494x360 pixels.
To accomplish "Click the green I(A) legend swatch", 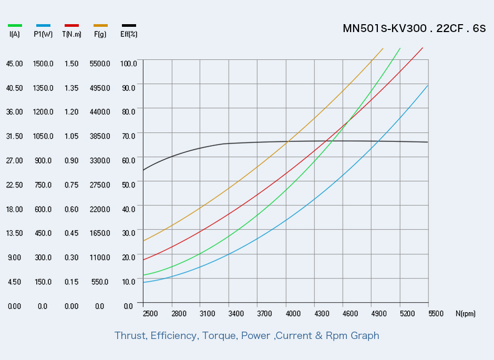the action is coord(15,26).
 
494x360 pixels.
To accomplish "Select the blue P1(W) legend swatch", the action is coord(43,26).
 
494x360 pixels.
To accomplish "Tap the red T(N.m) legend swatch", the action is coord(71,26).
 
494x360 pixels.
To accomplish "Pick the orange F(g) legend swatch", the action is coord(100,26).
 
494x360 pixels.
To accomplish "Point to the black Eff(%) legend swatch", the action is coord(129,26).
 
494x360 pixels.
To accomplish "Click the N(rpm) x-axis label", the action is coord(465,313).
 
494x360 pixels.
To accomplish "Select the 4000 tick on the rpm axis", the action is coord(293,313).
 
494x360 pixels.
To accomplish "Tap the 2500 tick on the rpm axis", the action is coord(150,313).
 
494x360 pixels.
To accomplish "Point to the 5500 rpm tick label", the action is coord(436,313).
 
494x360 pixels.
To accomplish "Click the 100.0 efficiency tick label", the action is coord(129,64).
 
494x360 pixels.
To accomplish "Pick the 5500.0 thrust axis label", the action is coord(100,64).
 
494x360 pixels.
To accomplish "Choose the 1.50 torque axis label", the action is coord(71,64).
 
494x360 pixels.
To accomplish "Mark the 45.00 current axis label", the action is coord(15,64).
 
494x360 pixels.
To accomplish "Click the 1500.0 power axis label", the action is coord(43,64).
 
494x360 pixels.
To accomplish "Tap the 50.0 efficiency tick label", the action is coord(129,184).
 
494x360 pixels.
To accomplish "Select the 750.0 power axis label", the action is coord(43,184).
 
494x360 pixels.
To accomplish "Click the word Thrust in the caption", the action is coord(130,336).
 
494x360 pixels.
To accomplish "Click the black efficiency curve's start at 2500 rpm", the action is coord(143,170).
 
